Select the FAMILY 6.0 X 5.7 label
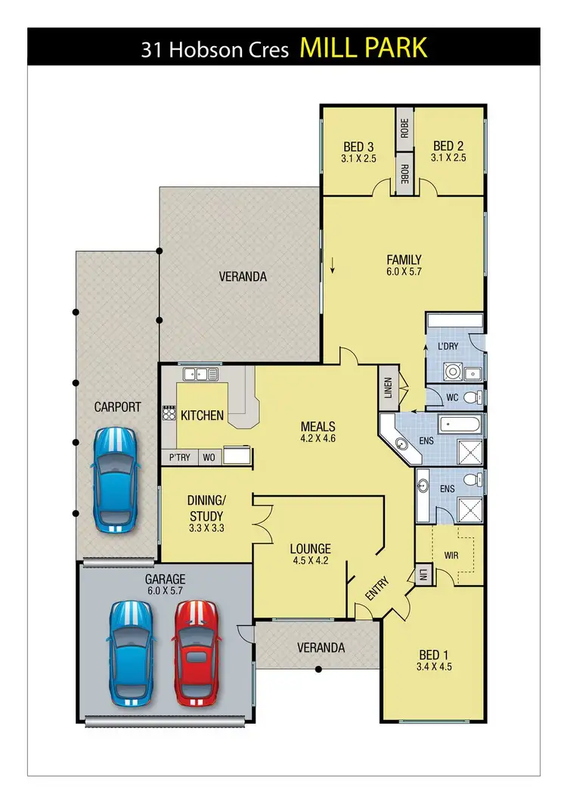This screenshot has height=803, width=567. (404, 265)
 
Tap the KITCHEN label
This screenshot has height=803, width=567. (202, 415)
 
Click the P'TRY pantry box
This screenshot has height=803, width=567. (179, 457)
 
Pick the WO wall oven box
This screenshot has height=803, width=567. (208, 457)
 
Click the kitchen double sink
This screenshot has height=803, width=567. (197, 373)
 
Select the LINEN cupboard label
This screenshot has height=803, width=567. (388, 386)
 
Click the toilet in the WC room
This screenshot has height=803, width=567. (469, 398)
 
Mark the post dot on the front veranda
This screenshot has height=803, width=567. (318, 669)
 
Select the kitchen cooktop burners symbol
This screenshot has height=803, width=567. (167, 413)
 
